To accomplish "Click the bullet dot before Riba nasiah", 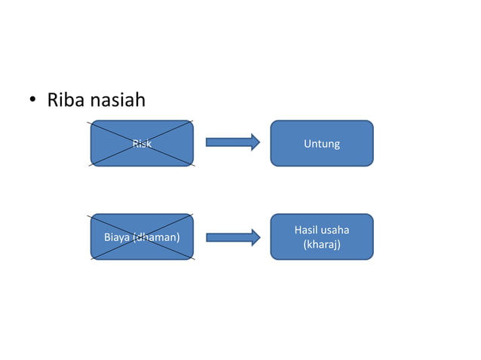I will (x=33, y=102).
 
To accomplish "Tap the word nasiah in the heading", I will (x=117, y=100).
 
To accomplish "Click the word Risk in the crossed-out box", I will (x=142, y=143).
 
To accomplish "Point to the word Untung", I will (x=322, y=143).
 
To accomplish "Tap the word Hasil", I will (x=307, y=230).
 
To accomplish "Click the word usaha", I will (x=335, y=230).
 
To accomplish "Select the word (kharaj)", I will (x=322, y=245).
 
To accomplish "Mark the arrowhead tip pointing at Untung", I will (x=259, y=142).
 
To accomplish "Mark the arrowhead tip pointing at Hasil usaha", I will (x=259, y=237).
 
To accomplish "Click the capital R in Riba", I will (x=53, y=100).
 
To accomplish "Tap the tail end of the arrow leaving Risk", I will (x=207, y=142).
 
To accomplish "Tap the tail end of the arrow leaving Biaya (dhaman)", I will (x=207, y=237).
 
